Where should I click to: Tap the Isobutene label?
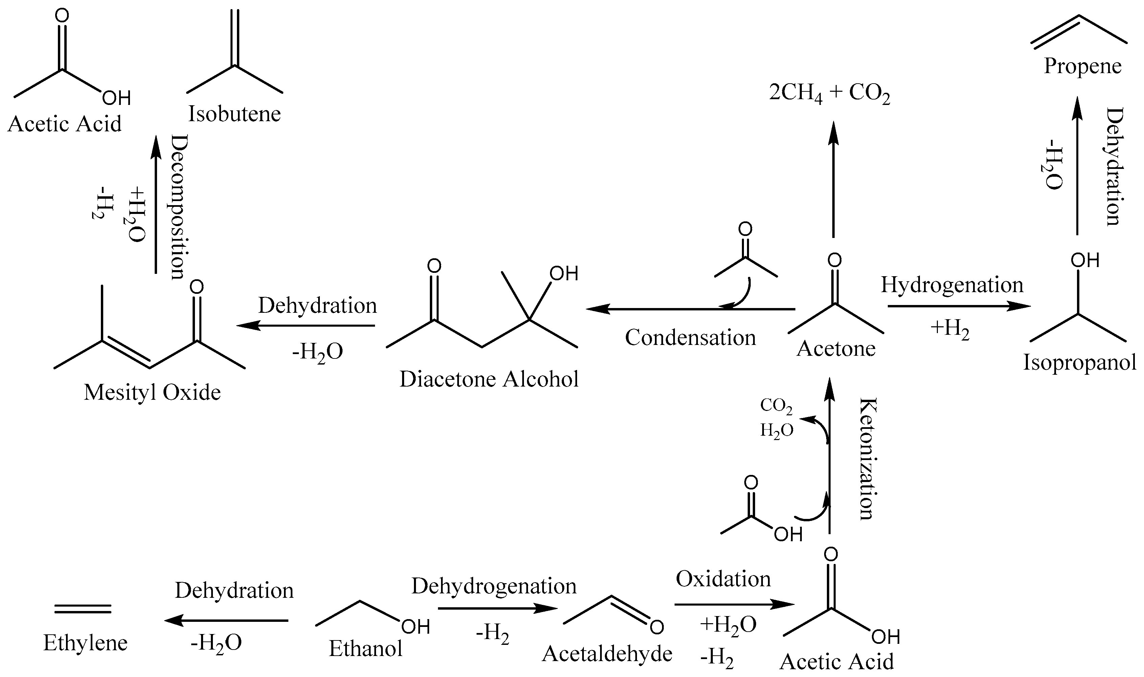(x=235, y=114)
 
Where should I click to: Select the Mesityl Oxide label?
(x=152, y=392)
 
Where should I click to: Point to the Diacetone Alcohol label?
(x=489, y=379)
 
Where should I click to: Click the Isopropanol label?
(x=1080, y=363)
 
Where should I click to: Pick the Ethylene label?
(x=85, y=643)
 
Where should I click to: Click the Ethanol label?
(x=366, y=649)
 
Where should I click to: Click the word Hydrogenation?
(x=952, y=285)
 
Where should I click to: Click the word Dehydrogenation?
(x=494, y=587)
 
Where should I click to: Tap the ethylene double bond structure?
(x=83, y=609)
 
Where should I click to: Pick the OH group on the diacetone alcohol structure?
(x=564, y=274)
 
